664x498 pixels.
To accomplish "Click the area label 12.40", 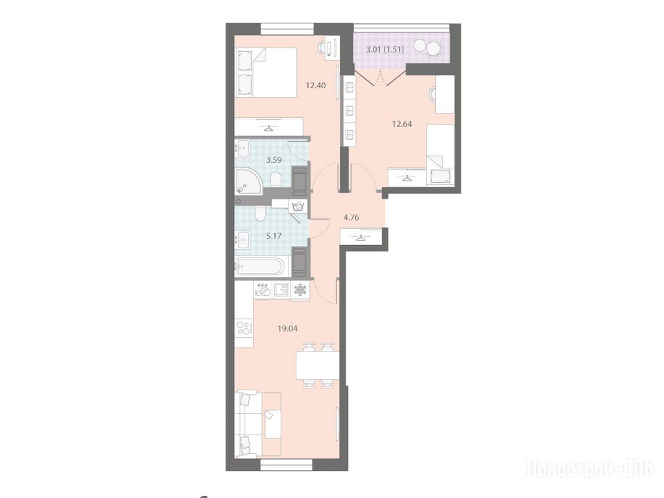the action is click(316, 86).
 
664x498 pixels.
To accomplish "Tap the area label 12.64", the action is click(402, 124).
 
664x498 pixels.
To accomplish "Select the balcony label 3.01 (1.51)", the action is click(385, 49).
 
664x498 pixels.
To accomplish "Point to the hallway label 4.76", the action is click(351, 218).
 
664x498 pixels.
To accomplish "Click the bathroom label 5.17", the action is click(274, 236).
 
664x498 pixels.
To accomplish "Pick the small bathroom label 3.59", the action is click(274, 160).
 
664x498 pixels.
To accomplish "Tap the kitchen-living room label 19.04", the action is click(287, 328).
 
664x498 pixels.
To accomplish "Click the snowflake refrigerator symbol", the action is click(300, 290).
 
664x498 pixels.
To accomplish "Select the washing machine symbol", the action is click(298, 206).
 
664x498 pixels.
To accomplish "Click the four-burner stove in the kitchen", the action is click(244, 327).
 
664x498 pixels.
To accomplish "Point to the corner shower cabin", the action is click(248, 182).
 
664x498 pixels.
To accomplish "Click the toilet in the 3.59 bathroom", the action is click(275, 180).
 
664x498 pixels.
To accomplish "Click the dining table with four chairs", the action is click(318, 365).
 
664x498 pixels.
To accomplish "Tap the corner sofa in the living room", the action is click(258, 424).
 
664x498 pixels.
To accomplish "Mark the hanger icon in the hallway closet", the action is click(361, 237).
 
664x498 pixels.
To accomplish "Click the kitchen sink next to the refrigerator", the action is click(281, 290).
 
